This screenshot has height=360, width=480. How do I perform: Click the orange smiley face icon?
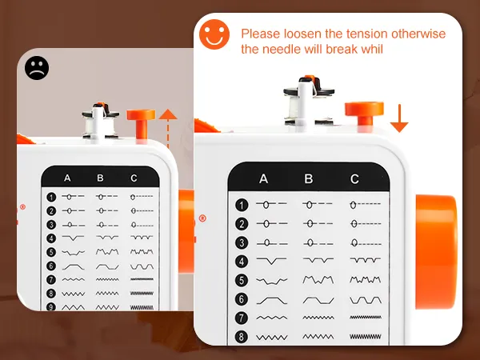tap(214, 34)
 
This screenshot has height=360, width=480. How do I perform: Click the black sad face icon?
tap(37, 68)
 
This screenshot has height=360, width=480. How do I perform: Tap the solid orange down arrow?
tap(399, 118)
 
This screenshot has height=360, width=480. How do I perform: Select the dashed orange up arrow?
tap(168, 129)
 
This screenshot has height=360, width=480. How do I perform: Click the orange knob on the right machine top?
tap(364, 114)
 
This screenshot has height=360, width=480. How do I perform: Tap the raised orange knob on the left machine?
tap(141, 124)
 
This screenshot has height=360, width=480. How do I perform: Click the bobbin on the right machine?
tap(309, 101)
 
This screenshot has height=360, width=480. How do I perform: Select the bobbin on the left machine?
tap(101, 121)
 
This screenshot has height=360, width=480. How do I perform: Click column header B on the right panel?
tap(309, 178)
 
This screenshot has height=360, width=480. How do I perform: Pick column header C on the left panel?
tap(134, 178)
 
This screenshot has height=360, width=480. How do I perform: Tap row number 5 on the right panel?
tap(242, 281)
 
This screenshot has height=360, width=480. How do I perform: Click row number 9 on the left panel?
tap(51, 306)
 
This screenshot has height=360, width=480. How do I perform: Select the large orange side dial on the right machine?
tap(436, 252)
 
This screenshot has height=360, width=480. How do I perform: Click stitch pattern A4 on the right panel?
tap(271, 261)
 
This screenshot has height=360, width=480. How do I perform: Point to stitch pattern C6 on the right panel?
tap(366, 300)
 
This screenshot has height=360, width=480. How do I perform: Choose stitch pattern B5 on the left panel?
tap(107, 252)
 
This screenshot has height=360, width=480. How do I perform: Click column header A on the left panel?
tap(67, 178)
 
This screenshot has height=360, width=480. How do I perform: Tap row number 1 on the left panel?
tap(51, 197)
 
